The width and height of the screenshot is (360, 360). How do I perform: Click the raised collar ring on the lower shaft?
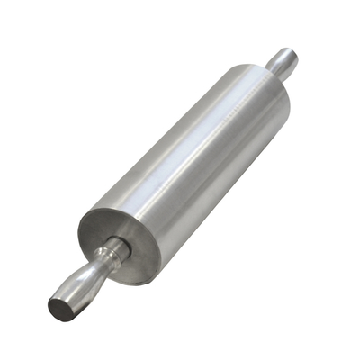click(113, 253)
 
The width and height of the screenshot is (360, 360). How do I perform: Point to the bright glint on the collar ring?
click(110, 248)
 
